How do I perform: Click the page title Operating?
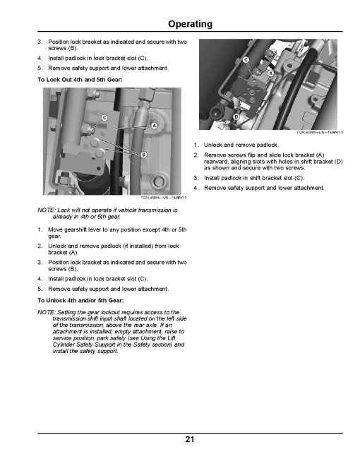click(x=190, y=24)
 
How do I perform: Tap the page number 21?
click(x=190, y=439)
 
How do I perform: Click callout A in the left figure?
click(x=154, y=126)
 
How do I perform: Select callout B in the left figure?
click(x=144, y=155)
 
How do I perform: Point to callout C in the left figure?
click(x=104, y=118)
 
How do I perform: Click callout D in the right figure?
click(x=236, y=116)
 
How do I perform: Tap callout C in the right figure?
click(x=246, y=60)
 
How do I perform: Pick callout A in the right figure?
click(x=270, y=73)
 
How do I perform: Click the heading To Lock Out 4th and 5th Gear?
click(x=80, y=80)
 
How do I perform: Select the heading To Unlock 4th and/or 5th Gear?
click(x=80, y=301)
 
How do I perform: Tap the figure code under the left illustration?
click(x=164, y=198)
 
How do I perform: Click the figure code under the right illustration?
click(x=319, y=132)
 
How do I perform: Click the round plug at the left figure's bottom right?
click(x=158, y=181)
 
